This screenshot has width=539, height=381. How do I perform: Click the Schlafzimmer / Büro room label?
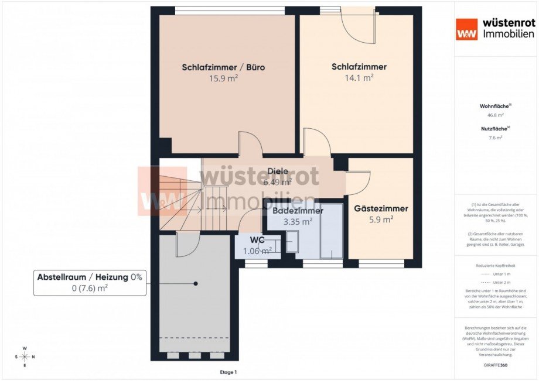[x=223, y=67]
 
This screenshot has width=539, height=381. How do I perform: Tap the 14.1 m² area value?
[x=359, y=77]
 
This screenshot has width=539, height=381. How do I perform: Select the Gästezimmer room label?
[x=381, y=208]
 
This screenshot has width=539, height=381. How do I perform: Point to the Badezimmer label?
[x=298, y=211]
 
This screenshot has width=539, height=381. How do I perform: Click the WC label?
[x=258, y=241]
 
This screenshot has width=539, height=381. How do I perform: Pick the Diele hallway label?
[x=278, y=171]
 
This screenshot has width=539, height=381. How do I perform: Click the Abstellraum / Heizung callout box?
[x=90, y=283]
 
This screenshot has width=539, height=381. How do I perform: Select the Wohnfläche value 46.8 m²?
[x=496, y=116]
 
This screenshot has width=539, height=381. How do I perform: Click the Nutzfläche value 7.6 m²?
[x=496, y=138]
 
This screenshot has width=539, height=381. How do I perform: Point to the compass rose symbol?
[x=25, y=356]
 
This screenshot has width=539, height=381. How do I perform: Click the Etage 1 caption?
[x=227, y=372]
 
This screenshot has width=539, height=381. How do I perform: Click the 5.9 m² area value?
[x=381, y=219]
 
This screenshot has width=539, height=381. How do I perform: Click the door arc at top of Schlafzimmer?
[x=359, y=27]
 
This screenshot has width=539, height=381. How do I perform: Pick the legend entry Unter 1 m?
[x=496, y=274]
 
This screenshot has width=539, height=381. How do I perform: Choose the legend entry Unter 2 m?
[x=496, y=282]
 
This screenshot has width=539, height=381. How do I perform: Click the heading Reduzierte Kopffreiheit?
[x=496, y=266]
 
